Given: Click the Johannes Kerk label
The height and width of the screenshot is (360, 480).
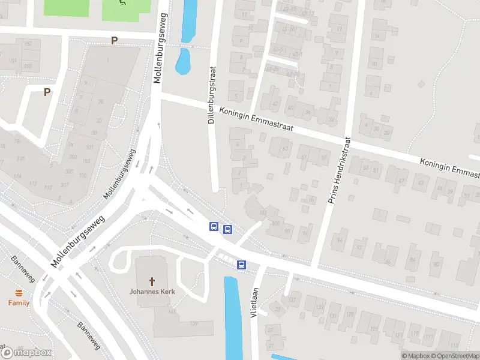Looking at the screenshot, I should tap(152, 292).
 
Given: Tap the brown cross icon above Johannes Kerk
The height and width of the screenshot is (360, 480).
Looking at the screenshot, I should tap(152, 281).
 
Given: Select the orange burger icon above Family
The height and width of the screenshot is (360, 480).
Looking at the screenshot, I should tap(19, 293).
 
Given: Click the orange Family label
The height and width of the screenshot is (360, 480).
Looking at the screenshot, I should tap(19, 303).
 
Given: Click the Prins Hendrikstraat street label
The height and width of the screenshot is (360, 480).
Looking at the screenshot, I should tap(338, 169).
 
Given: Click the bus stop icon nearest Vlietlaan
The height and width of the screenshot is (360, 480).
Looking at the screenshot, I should tap(241, 265).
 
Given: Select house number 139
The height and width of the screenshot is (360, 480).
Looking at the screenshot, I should tap(194, 324).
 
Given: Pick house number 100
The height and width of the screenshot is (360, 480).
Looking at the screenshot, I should tap(275, 223).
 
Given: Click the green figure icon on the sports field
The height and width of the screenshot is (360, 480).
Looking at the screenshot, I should tap(123, 4).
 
